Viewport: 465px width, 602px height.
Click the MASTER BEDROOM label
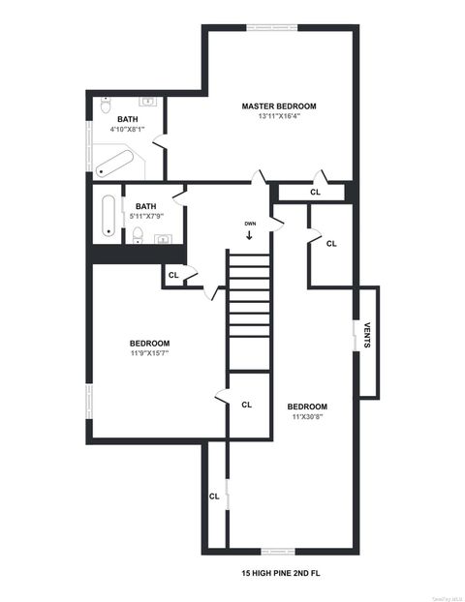279,105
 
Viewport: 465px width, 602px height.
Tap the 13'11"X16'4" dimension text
279,116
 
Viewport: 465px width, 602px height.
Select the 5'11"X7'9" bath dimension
146,216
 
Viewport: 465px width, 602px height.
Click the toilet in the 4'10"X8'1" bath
106,104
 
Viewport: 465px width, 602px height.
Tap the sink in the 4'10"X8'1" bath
149,101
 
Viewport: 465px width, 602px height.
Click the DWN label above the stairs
250,224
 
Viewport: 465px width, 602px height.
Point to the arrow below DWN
250,235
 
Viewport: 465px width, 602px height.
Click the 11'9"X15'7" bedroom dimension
150,353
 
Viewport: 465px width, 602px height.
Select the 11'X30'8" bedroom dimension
307,416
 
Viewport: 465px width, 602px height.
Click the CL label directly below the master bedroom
315,192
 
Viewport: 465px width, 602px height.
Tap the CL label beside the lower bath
173,276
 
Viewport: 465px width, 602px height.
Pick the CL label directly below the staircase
246,405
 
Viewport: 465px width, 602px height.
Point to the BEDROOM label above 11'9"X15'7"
150,343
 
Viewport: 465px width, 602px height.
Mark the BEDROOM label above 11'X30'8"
307,406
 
